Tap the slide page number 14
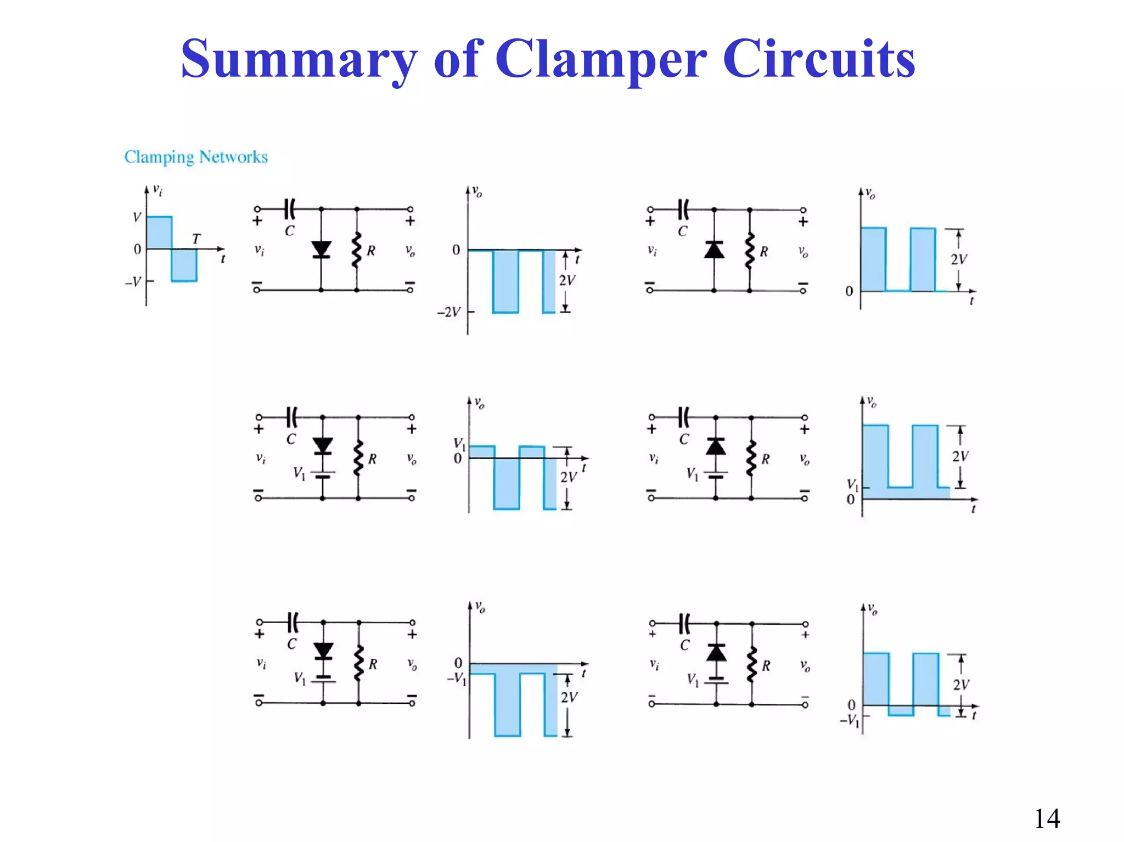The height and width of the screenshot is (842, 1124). (x=1047, y=818)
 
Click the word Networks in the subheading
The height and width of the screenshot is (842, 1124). (x=233, y=157)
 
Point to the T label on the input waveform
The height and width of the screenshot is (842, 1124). (x=196, y=239)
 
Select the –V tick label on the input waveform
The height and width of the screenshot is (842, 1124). (x=133, y=282)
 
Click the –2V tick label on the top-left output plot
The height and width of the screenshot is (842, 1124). (x=448, y=312)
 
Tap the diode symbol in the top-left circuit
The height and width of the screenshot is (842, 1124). (x=321, y=250)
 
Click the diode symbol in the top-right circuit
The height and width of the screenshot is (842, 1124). (x=714, y=250)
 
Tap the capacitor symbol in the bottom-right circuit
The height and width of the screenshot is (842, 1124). (x=684, y=624)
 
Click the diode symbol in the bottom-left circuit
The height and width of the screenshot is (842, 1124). (x=323, y=651)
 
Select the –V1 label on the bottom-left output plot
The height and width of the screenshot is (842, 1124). (x=457, y=679)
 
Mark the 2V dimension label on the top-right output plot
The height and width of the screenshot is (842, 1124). (x=958, y=259)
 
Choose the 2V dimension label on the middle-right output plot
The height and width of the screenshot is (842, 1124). (x=960, y=456)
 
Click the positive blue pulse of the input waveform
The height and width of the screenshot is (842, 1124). (x=159, y=233)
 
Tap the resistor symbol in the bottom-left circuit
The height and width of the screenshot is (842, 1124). (x=359, y=664)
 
